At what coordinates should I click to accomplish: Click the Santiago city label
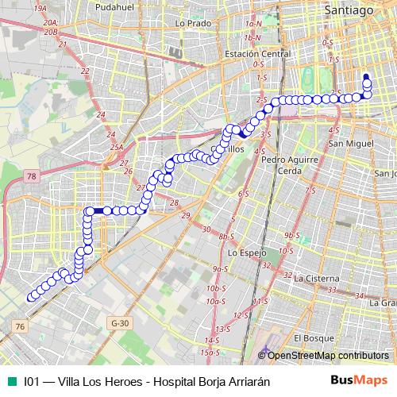pos(348,10)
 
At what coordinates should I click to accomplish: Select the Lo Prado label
pos(191,24)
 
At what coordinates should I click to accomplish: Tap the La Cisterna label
pos(316,279)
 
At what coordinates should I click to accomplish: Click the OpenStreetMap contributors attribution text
pos(328,356)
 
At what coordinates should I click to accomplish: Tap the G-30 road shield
pos(120,323)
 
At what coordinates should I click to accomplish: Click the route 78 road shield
pos(32,175)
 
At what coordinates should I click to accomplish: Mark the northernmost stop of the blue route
pos(366,78)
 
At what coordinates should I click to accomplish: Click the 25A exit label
pos(116,147)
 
